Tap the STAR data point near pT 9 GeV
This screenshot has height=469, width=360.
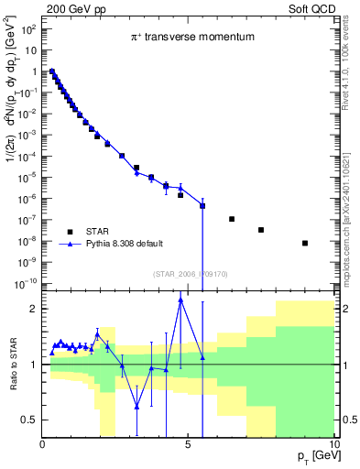tap(305, 243)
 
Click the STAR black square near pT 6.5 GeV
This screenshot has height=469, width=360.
tap(232, 219)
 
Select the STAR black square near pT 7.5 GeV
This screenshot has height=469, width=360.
tap(261, 230)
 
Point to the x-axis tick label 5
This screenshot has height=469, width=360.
tap(189, 443)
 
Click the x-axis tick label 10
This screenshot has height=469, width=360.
tap(332, 443)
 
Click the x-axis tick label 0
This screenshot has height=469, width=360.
tap(43, 443)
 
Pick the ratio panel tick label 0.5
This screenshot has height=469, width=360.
tap(29, 420)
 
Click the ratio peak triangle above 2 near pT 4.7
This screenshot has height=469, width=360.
tap(180, 299)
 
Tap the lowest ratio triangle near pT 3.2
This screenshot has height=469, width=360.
tap(136, 406)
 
